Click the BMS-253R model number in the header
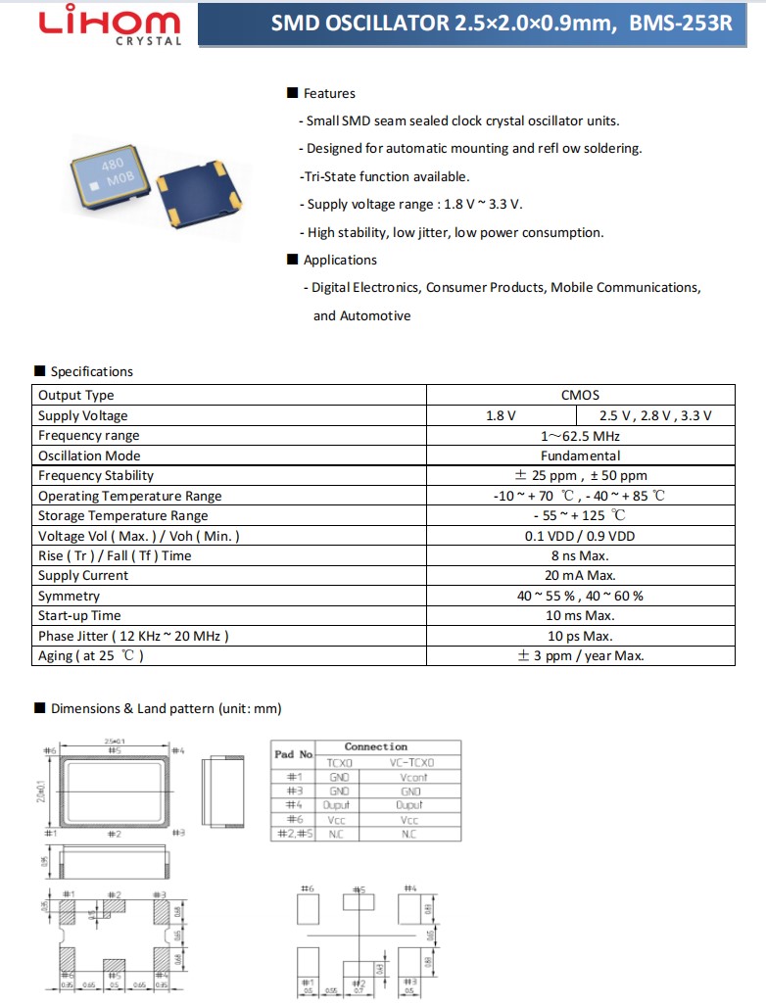coord(681,24)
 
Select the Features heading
coord(329,93)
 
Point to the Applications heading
coord(339,260)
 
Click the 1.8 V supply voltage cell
coord(501,415)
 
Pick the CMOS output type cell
coord(580,395)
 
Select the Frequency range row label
coord(89,435)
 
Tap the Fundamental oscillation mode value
coord(580,456)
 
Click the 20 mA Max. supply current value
coord(580,575)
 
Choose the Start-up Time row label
coord(79,615)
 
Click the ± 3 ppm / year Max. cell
coord(580,655)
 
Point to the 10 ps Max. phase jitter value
coord(580,636)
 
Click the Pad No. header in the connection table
coord(293,754)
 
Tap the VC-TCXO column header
coord(411,762)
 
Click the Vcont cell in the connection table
coord(411,777)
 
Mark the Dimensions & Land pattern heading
coord(166,708)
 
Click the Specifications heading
coord(91,371)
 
